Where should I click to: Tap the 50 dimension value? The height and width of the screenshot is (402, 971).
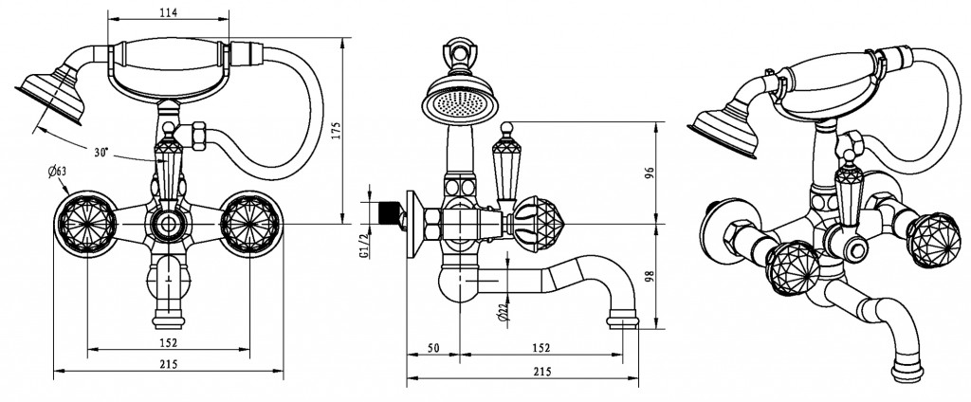432,349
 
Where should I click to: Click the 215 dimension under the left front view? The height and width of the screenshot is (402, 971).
168,365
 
